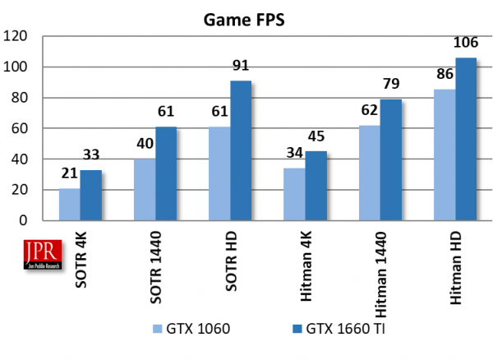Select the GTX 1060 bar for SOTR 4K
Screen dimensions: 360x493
point(69,205)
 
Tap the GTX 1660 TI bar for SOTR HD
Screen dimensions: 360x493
point(241,151)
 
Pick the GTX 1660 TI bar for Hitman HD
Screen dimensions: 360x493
point(466,140)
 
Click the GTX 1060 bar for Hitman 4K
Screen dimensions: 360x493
point(294,195)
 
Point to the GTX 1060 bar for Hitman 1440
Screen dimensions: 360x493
point(369,173)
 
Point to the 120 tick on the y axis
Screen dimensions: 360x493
point(16,36)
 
